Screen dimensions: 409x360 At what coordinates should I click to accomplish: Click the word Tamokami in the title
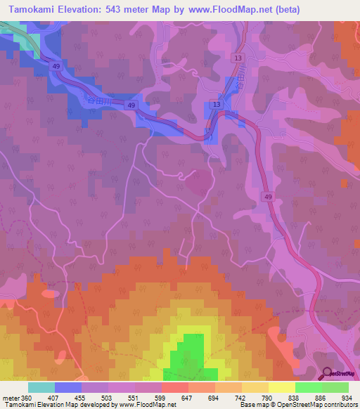point(32,9)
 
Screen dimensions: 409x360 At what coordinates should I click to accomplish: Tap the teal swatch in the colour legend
point(41,388)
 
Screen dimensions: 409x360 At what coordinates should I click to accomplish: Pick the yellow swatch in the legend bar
point(281,388)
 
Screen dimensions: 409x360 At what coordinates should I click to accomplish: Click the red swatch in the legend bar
point(174,388)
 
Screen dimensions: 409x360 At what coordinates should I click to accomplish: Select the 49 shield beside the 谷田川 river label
point(131,105)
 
